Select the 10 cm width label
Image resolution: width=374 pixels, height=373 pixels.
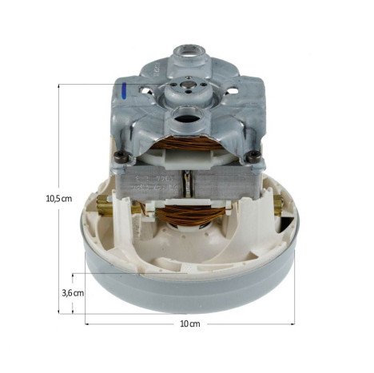point(189,324)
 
